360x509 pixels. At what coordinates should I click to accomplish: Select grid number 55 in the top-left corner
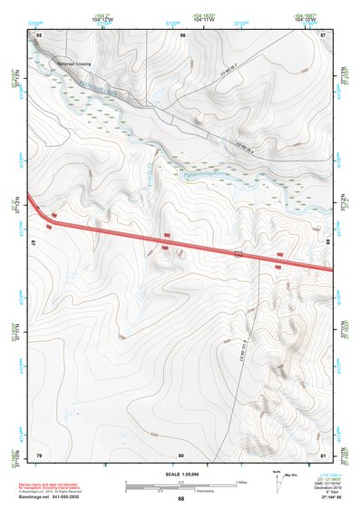click(x=39, y=34)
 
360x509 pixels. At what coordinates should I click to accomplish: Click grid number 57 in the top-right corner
click(x=324, y=34)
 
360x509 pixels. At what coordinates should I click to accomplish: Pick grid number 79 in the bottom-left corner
click(x=39, y=455)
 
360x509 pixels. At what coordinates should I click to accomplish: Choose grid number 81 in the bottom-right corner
click(x=324, y=455)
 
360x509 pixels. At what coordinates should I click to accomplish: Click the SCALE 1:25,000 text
click(x=180, y=475)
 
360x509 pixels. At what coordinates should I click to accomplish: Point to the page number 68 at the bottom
click(x=180, y=499)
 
